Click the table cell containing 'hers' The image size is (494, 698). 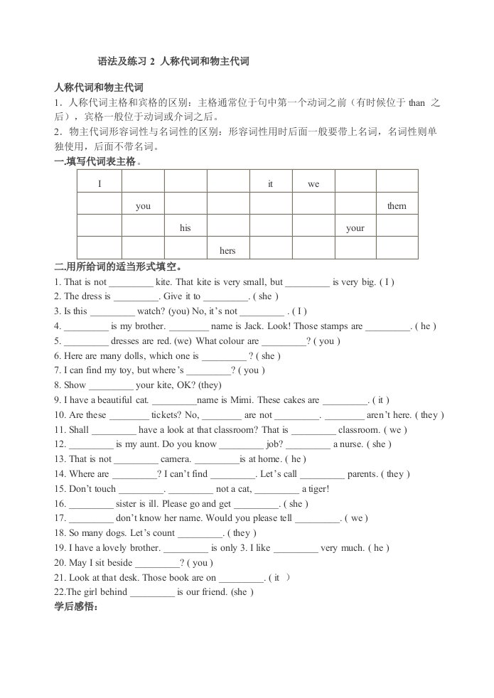pyautogui.click(x=227, y=250)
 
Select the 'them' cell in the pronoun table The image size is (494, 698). pyautogui.click(x=397, y=206)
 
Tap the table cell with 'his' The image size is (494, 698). pyautogui.click(x=186, y=228)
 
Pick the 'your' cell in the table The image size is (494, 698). pyautogui.click(x=355, y=228)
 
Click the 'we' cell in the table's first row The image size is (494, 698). pyautogui.click(x=313, y=184)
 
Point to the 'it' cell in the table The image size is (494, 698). pyautogui.click(x=271, y=184)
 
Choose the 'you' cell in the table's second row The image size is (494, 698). pyautogui.click(x=143, y=206)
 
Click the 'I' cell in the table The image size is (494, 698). pyautogui.click(x=100, y=184)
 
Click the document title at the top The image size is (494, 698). pyautogui.click(x=173, y=62)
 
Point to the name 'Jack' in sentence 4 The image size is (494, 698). pyautogui.click(x=249, y=326)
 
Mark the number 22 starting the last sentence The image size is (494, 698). pyautogui.click(x=59, y=591)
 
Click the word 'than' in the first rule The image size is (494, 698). pyautogui.click(x=417, y=102)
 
